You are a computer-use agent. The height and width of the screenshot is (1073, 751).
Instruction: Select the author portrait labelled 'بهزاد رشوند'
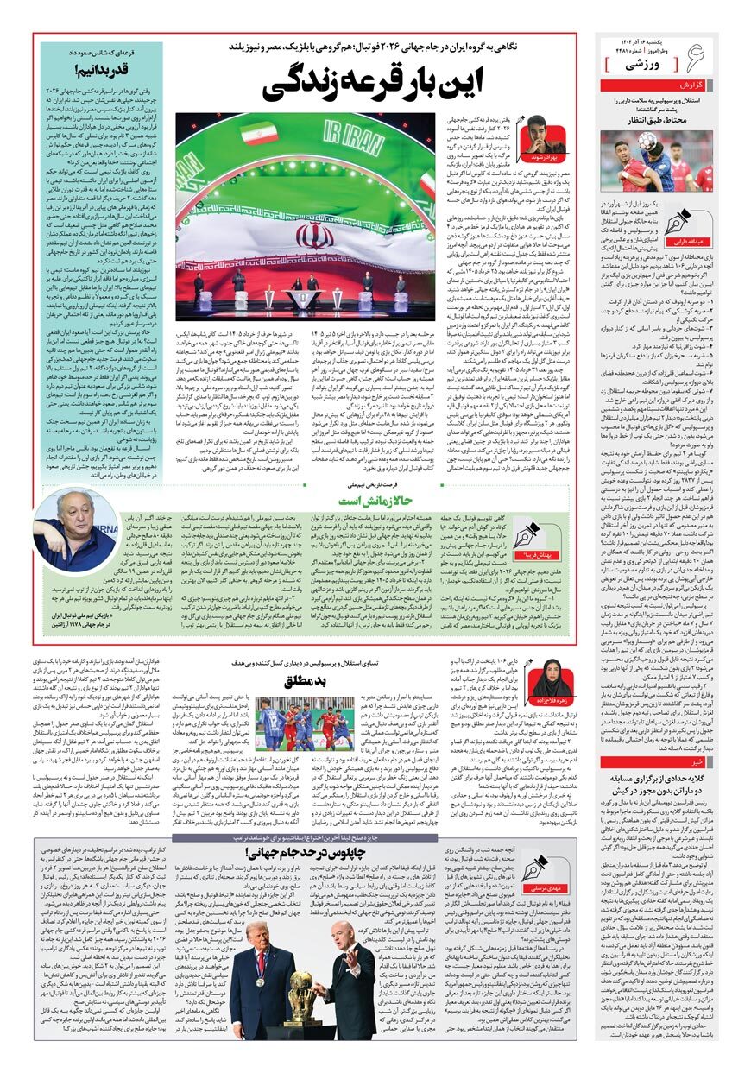pos(545,134)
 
